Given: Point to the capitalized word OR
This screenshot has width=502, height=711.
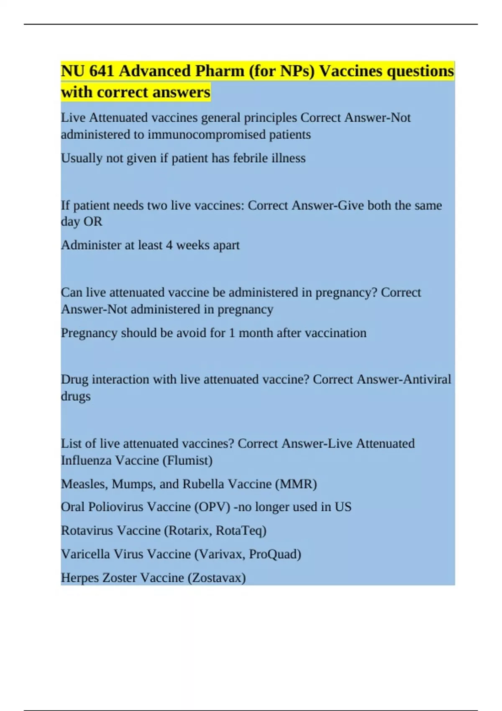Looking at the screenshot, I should coord(93,222).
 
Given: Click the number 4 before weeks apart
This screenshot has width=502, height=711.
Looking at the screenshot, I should coord(169,245).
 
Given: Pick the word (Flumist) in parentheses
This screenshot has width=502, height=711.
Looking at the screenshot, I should coord(187,460).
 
